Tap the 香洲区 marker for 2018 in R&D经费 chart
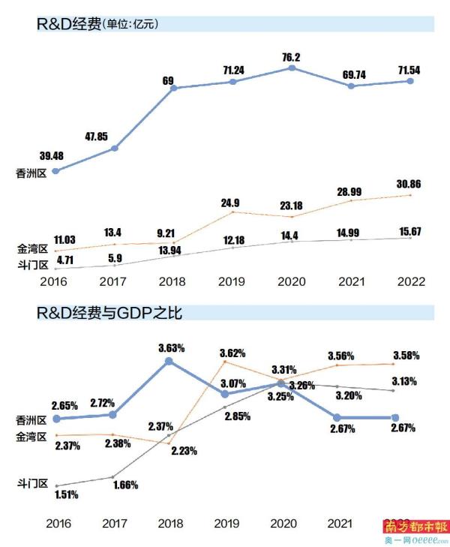point(173,89)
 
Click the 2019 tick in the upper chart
point(232,282)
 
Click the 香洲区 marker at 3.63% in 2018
point(169,361)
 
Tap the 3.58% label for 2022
point(406,355)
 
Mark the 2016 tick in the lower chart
point(55,523)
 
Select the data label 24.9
point(231,203)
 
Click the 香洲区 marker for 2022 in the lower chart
point(395,418)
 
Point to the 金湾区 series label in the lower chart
point(31,436)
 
